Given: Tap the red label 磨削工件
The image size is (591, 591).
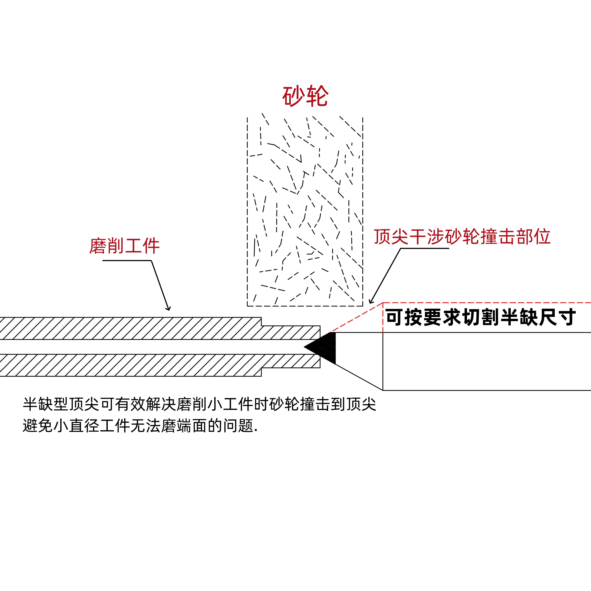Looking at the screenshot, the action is click(x=124, y=246).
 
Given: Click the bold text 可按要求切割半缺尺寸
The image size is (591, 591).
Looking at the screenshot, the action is click(x=480, y=318).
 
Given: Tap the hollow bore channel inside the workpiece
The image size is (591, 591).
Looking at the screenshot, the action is click(x=153, y=347).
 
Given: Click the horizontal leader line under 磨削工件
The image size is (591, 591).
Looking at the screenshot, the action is click(x=127, y=261).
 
